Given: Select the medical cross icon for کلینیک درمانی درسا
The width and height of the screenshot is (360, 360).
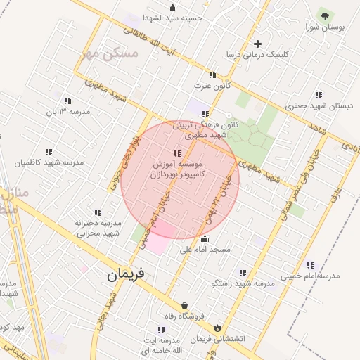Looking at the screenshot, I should tap(258, 44).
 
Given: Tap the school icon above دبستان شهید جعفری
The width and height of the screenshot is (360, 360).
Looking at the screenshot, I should tap(319, 95).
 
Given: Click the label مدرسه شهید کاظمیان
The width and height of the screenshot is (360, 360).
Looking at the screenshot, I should tap(49, 162).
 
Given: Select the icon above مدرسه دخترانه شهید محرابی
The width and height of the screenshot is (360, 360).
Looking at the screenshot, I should tap(98, 212).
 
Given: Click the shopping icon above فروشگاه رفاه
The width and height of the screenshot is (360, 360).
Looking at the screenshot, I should tap(184, 306).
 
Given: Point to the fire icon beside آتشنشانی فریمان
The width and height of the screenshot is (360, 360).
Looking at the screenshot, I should tap(217, 328).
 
